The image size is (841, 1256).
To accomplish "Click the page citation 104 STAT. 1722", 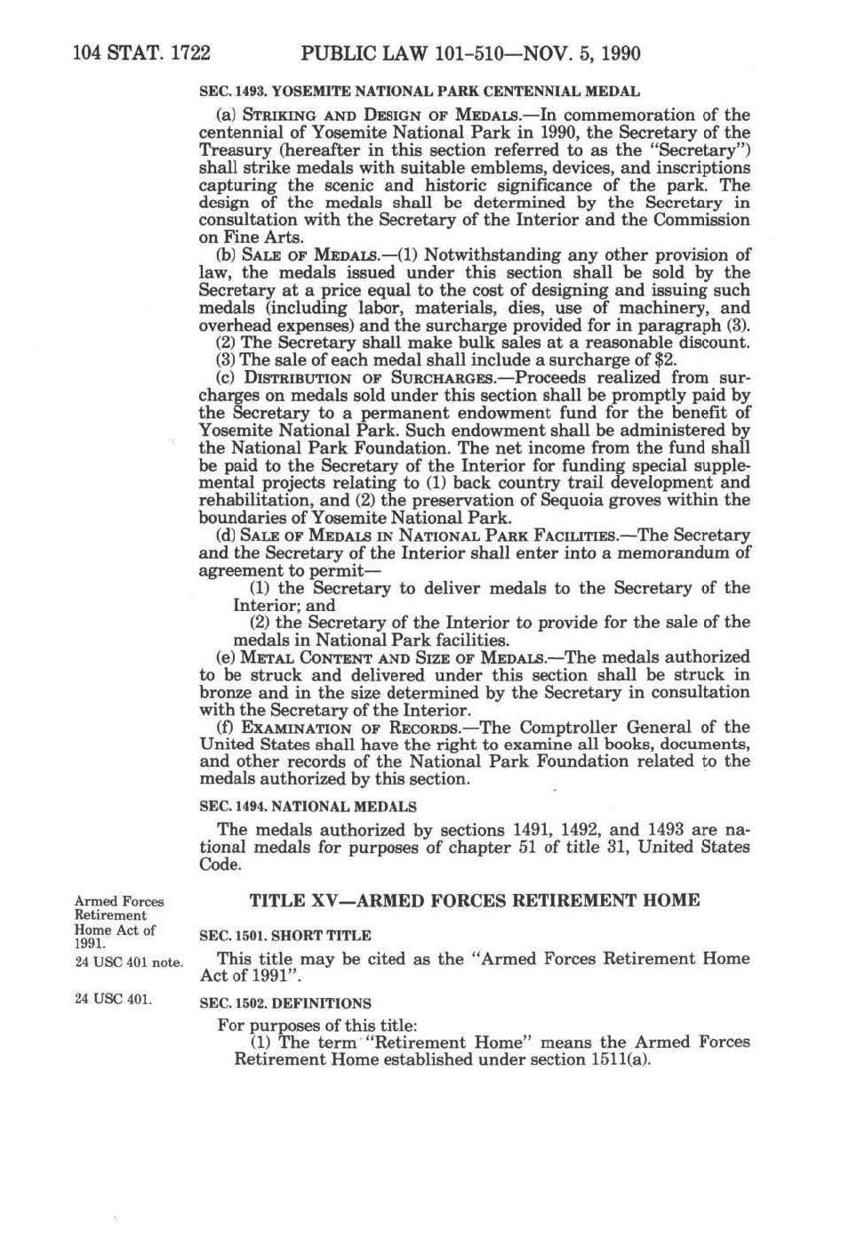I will [141, 53].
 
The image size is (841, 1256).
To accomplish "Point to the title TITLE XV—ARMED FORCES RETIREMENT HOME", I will [475, 900].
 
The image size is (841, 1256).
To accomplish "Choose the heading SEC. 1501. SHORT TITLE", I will [285, 936].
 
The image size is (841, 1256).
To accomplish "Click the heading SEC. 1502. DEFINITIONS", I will [285, 1002].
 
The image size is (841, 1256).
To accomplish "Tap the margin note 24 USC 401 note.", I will [129, 962].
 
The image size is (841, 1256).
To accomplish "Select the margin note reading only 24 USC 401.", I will [113, 999].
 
